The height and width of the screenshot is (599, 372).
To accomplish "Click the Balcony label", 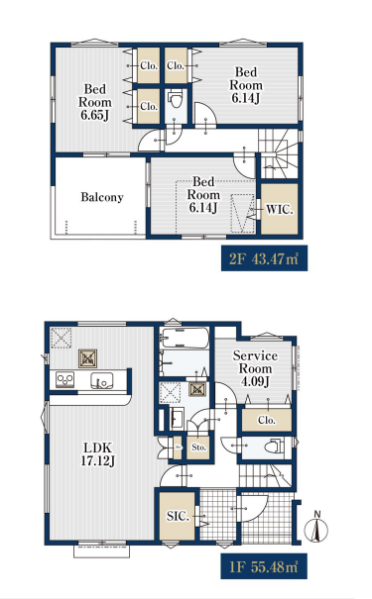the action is coord(102,197).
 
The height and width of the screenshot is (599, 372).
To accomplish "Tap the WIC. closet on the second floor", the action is coord(280,209).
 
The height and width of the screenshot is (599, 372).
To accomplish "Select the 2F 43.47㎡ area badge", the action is coord(264,258).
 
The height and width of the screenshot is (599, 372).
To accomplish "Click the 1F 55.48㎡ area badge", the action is coord(264,566).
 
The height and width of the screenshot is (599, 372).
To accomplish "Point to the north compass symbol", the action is coord(316,528).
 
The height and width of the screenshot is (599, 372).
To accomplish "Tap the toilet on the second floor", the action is coord(176,100).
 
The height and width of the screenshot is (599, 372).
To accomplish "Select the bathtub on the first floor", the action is coord(185,338).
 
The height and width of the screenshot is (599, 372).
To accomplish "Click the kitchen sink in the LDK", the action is coord(101,380).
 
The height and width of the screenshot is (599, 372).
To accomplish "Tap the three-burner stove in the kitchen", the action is coord(65,380).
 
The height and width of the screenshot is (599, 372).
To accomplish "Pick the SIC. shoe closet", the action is coord(178,516).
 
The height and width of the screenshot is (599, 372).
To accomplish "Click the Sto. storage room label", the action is coord(198,447).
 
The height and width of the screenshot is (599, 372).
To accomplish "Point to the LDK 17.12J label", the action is coord(98,454).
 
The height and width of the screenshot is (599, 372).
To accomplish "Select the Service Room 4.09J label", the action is coord(255,368).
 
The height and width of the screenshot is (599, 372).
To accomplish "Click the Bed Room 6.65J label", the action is coord(95,102).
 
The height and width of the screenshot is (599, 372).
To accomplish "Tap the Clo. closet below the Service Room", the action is coord(267,420).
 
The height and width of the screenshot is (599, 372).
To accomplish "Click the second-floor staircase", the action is coord(278,153).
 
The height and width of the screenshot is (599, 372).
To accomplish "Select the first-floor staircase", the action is coord(265,475).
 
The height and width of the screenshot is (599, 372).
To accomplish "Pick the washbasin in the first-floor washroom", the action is coord(178,419).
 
